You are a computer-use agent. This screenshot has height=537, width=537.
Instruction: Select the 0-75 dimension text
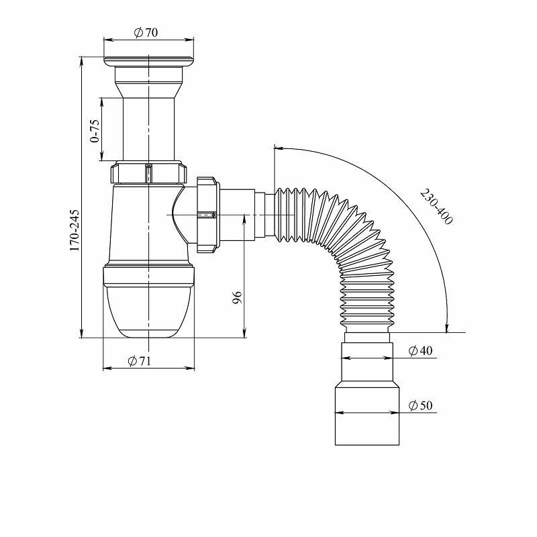coord(95,130)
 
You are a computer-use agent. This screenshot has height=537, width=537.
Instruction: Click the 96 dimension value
coord(237,298)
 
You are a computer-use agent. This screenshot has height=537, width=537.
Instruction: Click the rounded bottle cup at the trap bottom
coord(148,309)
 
